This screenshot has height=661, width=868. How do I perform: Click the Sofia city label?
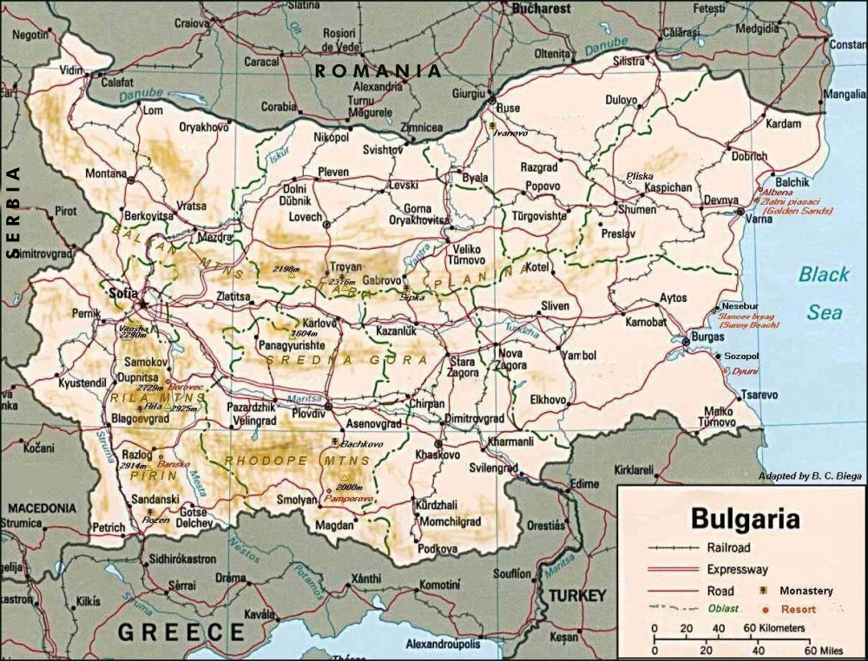point(122,293)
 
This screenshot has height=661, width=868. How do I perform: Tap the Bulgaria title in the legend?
point(745,520)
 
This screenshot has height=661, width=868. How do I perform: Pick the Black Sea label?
point(824,293)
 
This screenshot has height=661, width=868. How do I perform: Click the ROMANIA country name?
point(378,72)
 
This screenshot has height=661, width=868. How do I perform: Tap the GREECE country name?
point(181,632)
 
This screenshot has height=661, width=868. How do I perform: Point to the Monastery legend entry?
point(806,591)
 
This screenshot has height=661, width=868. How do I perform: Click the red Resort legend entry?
point(798,609)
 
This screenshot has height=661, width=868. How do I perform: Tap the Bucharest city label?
point(541,9)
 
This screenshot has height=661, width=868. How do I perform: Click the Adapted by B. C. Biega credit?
point(809,476)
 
